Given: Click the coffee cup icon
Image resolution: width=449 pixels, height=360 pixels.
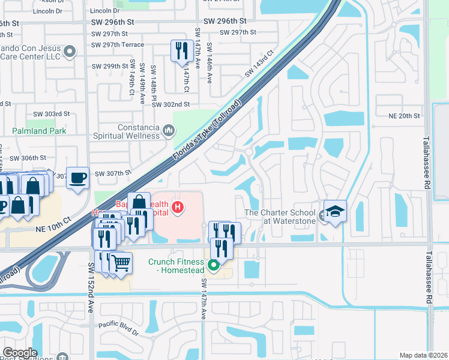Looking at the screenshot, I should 77,178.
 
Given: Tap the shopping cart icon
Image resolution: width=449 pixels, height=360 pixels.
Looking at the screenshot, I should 121,262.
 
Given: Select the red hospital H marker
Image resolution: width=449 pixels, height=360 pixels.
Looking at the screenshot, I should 177,208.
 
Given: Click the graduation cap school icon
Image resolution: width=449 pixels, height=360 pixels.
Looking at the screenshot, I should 335,211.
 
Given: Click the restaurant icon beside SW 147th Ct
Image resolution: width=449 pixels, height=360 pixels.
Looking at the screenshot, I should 181,50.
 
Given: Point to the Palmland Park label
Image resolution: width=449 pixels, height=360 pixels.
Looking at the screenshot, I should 37,130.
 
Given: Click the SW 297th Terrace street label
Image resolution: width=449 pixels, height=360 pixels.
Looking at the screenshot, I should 118,45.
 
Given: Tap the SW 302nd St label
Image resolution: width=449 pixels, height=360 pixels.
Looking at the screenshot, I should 170,104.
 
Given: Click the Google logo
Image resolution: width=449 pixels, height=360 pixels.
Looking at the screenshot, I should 20,353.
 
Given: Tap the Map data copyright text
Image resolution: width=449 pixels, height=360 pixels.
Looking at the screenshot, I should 424,355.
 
